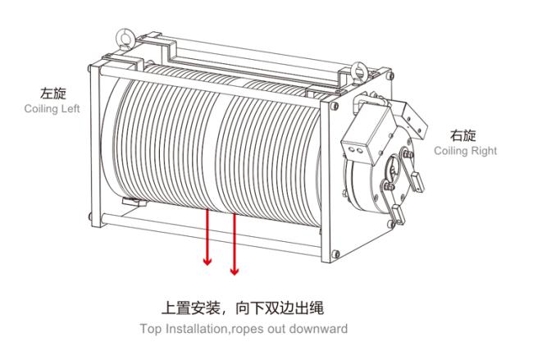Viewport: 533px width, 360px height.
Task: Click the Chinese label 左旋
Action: (53, 93)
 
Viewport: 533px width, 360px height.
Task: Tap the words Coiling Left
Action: (52, 109)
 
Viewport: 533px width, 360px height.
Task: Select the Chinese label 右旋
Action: (463, 135)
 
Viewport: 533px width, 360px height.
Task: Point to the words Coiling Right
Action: (466, 151)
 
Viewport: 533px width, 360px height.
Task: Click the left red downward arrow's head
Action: (207, 262)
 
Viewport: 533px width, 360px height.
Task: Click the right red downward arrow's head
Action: (235, 271)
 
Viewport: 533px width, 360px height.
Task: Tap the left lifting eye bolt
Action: (125, 38)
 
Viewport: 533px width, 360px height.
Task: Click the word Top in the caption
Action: (149, 329)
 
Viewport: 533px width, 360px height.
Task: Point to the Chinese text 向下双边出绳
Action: (280, 308)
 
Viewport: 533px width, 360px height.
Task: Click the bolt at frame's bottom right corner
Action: (335, 253)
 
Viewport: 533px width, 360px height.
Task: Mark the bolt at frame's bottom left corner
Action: (90, 216)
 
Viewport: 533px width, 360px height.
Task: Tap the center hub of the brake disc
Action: (394, 169)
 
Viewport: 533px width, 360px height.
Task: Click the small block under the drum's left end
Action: (134, 202)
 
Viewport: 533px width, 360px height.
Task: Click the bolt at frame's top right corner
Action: (391, 75)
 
